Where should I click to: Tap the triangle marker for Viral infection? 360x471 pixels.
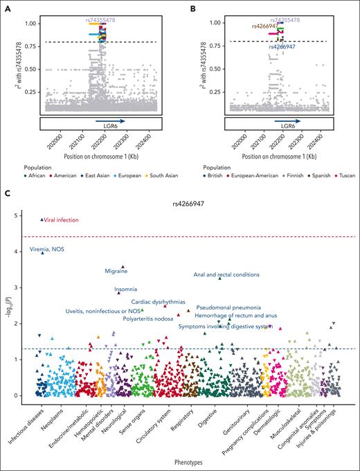click(42, 220)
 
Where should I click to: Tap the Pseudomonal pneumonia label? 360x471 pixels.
click(228, 307)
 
